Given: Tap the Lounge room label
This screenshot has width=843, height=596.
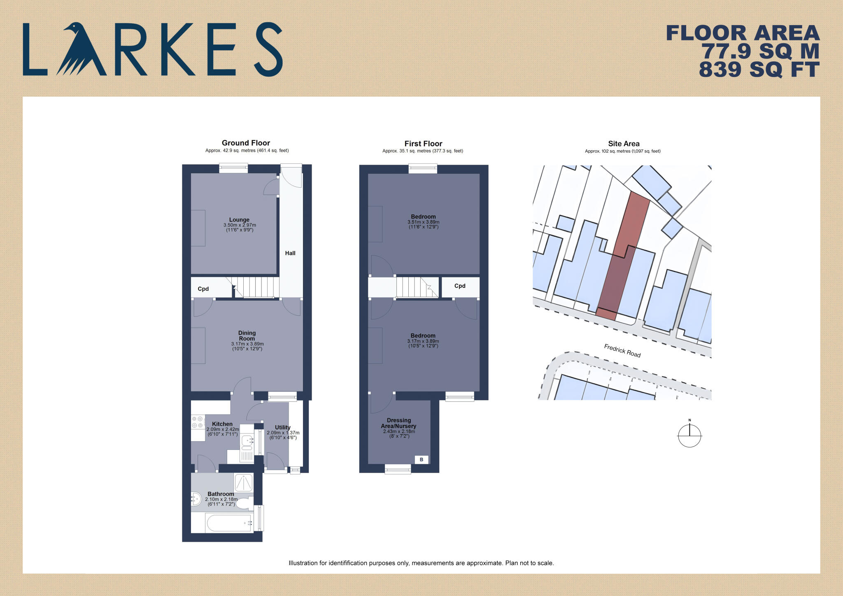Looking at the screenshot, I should point(239,220).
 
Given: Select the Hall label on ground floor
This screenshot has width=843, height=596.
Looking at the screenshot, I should point(290,253).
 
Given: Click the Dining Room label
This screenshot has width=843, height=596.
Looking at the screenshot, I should point(247,335).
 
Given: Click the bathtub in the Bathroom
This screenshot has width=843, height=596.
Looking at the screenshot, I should point(229,523).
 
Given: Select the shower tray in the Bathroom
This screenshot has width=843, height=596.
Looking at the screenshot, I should point(243,482).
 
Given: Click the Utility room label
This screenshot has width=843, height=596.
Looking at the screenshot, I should point(282,427).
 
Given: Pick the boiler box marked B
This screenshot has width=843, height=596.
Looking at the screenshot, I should point(421,459).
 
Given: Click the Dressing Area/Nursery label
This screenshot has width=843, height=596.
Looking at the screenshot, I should point(398,423).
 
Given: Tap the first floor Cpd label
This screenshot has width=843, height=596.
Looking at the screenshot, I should point(460,286).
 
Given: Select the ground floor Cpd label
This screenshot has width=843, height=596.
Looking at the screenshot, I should point(203,289).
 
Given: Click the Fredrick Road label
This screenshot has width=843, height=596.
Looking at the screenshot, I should point(622,351).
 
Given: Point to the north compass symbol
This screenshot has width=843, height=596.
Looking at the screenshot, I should point(689,435).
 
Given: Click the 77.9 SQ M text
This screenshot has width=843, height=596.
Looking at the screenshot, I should point(760,51).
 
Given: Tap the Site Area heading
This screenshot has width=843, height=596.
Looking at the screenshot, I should point(624,144).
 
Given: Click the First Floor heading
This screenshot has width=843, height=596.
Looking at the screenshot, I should point(423,144).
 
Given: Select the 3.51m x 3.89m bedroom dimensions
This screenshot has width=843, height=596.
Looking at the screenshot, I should point(423,222).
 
